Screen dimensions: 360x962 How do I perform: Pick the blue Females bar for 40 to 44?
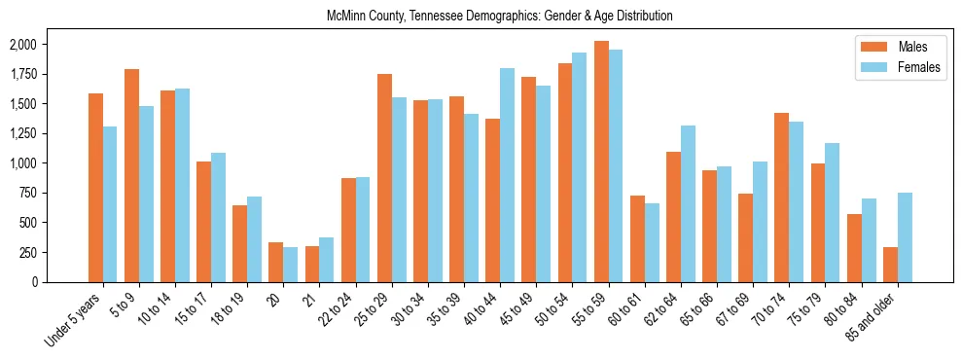tap(507, 175)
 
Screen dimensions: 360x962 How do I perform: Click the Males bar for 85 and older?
tap(890, 265)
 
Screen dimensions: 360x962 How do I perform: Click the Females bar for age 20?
tap(291, 265)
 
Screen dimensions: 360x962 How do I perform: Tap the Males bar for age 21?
tap(312, 264)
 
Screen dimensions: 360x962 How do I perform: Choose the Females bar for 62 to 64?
tap(688, 203)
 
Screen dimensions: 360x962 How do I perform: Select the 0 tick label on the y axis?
tap(34, 282)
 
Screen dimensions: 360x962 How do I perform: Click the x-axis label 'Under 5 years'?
tap(74, 316)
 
